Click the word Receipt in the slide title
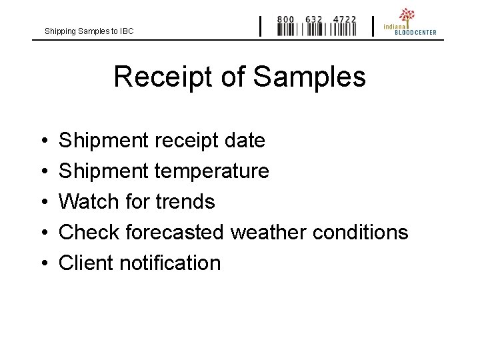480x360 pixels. click(163, 77)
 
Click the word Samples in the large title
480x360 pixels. click(309, 77)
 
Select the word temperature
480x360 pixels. click(211, 171)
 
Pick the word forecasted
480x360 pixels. click(175, 232)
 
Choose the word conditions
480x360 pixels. click(360, 232)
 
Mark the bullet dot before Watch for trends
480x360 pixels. click(43, 202)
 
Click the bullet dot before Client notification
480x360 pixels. click(43, 263)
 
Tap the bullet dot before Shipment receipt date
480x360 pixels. click(43, 141)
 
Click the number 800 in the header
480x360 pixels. click(285, 19)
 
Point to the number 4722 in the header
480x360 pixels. click(345, 19)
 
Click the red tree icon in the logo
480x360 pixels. click(407, 15)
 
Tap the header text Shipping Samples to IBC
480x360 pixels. click(89, 31)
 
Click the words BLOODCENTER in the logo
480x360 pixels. click(415, 32)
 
